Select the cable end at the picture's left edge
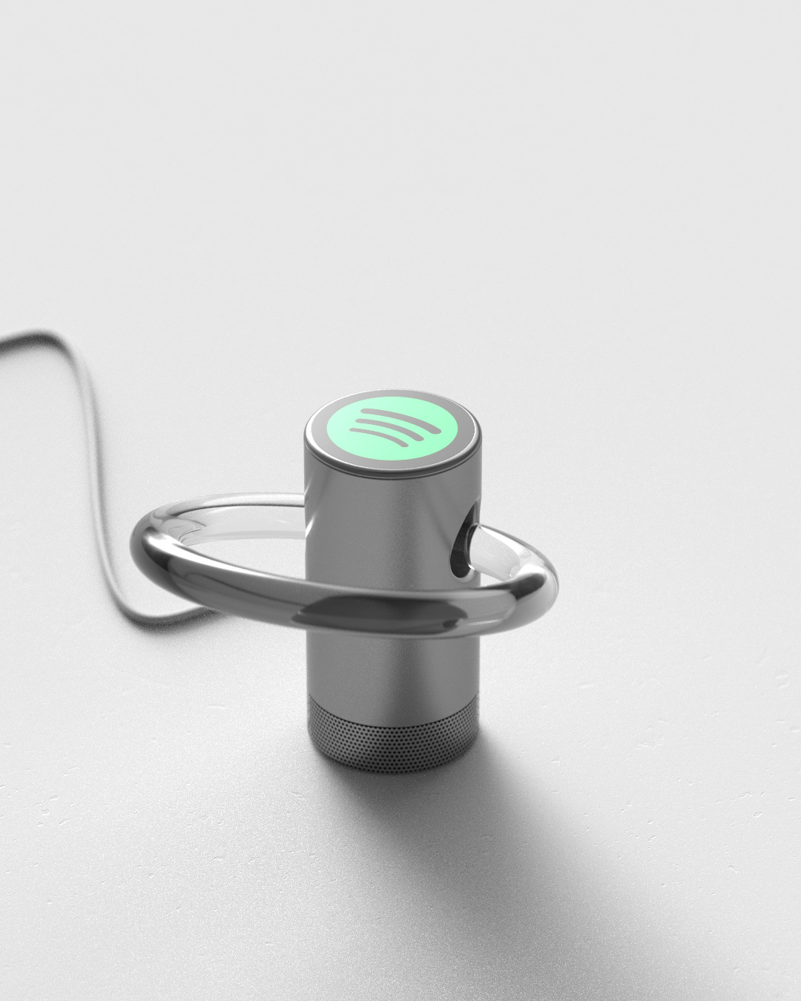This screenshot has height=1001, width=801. click(x=4, y=343)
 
